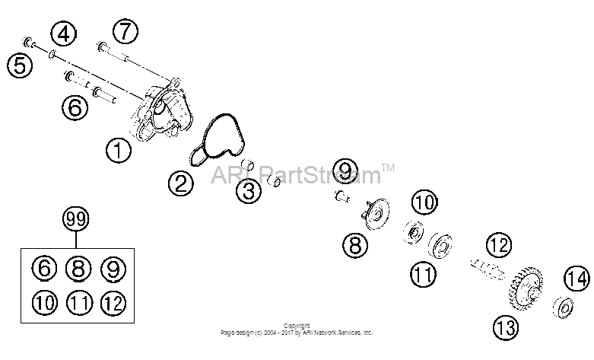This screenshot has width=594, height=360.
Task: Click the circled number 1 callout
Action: click(x=119, y=150)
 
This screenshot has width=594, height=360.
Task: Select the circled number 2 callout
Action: click(x=181, y=183)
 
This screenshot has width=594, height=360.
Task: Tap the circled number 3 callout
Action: click(x=249, y=190)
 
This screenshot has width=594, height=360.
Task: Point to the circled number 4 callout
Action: click(x=64, y=33)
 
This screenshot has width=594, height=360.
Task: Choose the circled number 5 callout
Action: click(x=20, y=65)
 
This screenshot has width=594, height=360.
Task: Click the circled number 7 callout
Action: click(x=125, y=31)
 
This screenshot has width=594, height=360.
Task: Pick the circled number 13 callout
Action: click(x=506, y=327)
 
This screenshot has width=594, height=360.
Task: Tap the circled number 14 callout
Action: click(x=577, y=279)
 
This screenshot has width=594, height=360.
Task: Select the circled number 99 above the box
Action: click(x=76, y=219)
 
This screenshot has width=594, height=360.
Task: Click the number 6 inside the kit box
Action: click(x=44, y=269)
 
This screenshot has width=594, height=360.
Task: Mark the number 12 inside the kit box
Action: click(x=113, y=303)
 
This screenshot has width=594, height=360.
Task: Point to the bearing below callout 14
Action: click(x=563, y=307)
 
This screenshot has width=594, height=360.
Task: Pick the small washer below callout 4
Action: click(x=52, y=56)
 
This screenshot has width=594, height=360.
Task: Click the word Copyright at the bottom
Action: click(x=297, y=326)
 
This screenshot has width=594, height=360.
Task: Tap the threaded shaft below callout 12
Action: click(x=488, y=269)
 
